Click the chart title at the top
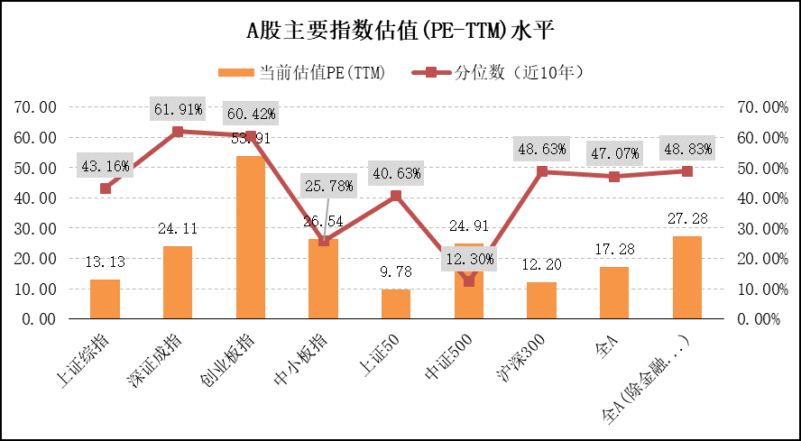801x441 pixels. point(400,31)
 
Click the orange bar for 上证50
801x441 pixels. point(396,304)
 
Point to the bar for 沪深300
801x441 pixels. point(541,300)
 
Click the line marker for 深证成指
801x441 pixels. point(178,132)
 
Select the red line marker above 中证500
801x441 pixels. point(469,281)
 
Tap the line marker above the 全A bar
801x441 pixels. point(614,177)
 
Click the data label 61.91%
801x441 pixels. point(178,110)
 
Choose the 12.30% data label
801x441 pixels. point(469,260)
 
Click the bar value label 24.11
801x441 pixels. point(178,229)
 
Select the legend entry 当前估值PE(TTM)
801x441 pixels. point(302,73)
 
